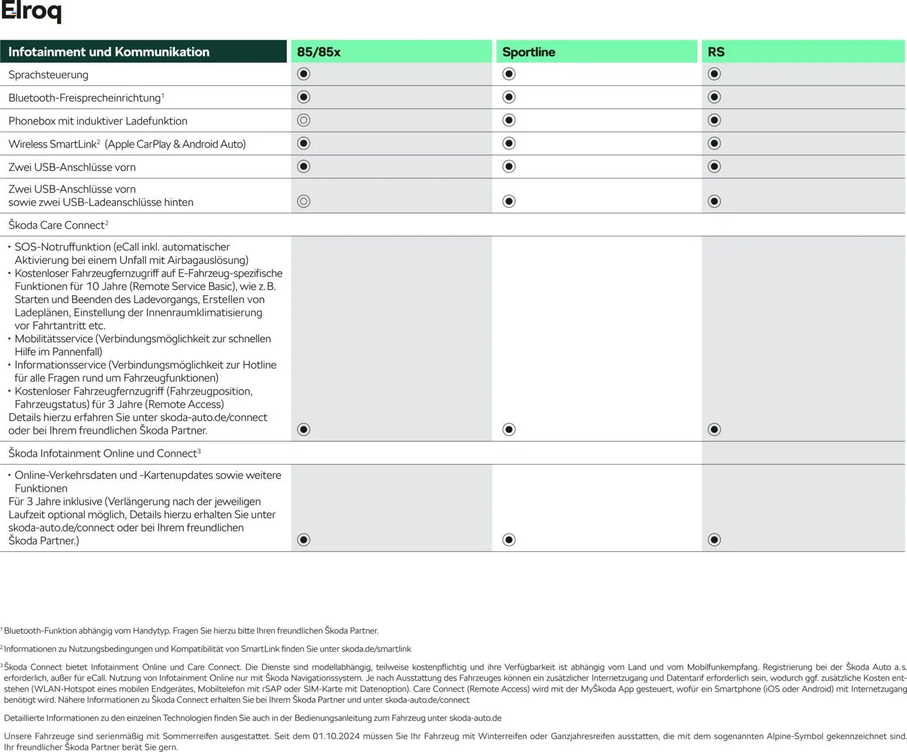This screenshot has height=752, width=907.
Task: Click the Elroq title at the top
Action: pos(31,12)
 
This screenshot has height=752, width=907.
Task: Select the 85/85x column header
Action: pos(318,51)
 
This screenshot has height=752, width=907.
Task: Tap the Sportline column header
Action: pos(528,51)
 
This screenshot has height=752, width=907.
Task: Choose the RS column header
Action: pos(716,51)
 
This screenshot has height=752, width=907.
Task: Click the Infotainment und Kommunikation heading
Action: pos(109,51)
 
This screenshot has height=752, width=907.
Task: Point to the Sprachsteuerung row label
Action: pos(48,74)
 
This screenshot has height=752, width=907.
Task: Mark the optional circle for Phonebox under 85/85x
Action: pos(303,120)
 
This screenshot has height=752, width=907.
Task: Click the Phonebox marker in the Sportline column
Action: pos(509,120)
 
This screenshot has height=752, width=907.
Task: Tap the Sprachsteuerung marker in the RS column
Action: pos(714,74)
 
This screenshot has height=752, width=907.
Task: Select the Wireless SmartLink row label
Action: pos(126,144)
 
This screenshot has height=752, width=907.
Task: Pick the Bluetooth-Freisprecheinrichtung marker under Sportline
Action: pos(509,97)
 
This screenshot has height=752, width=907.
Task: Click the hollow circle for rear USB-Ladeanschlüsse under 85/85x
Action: pos(303,201)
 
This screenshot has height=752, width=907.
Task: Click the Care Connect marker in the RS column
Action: pos(714,430)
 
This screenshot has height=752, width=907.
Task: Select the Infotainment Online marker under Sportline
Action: pos(509,540)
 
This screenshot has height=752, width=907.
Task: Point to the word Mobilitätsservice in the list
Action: pos(54,339)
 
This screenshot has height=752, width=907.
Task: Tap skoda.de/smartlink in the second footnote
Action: pos(376,649)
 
